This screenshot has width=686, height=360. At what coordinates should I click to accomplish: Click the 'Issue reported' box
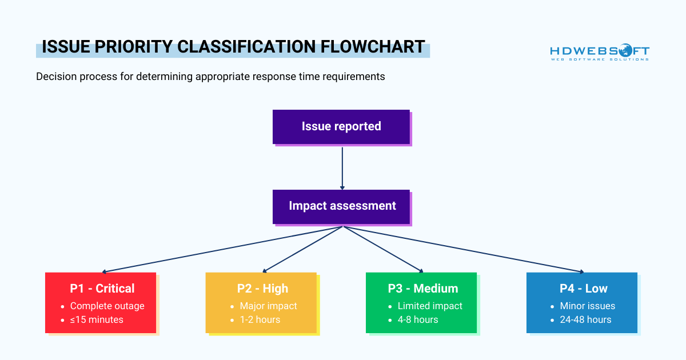point(341,126)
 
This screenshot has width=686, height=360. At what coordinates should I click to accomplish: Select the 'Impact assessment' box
point(341,206)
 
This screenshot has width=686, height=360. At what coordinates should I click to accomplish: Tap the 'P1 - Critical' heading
point(102,289)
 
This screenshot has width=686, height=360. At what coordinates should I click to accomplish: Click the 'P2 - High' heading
point(262,289)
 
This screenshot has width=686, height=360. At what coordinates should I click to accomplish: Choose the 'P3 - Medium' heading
point(422,289)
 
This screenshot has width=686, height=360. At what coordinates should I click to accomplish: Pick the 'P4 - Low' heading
point(583,289)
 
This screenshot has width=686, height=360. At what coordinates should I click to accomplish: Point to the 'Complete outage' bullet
point(107,306)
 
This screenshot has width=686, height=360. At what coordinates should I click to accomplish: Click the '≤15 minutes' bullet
point(97,319)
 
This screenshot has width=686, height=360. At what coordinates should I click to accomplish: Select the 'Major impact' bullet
point(268,306)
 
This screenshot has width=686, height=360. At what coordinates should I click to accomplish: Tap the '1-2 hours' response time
point(260,319)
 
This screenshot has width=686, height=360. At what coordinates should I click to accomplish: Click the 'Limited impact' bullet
point(430,306)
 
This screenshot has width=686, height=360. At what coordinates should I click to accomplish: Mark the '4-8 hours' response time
point(418,319)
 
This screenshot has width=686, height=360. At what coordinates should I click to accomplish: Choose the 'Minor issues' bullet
point(588,306)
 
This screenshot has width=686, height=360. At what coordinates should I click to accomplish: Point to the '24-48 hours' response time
point(585,319)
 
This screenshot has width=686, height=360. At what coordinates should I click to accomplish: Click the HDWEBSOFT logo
point(600,52)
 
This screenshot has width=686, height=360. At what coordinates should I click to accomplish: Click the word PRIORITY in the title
point(130,47)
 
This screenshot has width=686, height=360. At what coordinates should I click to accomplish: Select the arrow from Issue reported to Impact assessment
point(342,169)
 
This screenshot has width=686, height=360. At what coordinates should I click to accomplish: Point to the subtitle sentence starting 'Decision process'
point(210,77)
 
